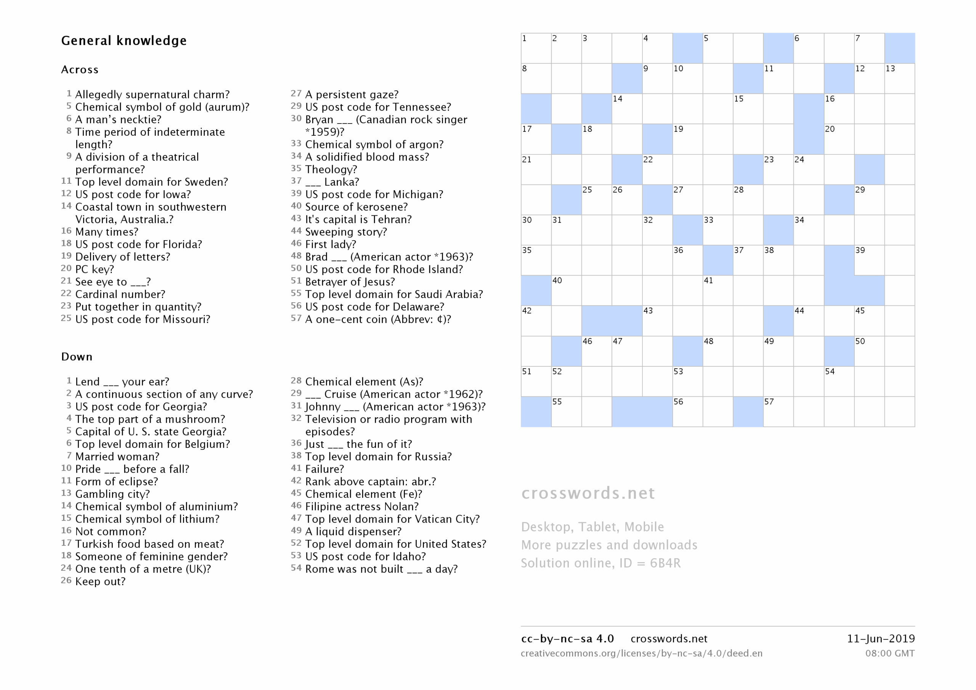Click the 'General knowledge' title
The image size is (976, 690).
[124, 41]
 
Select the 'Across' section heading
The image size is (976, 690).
[80, 70]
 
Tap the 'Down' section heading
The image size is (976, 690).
[77, 357]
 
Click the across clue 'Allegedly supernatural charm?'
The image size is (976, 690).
[152, 95]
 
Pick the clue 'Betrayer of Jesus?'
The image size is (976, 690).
[350, 282]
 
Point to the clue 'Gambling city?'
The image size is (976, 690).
[112, 494]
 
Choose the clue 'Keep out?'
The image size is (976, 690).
[100, 582]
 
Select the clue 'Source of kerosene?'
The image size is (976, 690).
[356, 207]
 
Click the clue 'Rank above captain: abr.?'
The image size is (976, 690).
[370, 482]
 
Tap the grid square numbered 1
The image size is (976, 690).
[536, 48]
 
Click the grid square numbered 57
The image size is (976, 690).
[779, 412]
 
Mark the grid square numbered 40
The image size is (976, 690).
[566, 291]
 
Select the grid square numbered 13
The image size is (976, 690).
[899, 79]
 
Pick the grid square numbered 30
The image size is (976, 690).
[536, 230]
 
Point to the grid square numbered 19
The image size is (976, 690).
[687, 139]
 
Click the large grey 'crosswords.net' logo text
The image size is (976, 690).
[588, 493]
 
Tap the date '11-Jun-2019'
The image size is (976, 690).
[881, 639]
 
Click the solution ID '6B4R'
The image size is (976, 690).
[665, 563]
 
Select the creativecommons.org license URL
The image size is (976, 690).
[642, 653]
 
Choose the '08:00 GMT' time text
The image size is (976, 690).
[890, 653]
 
